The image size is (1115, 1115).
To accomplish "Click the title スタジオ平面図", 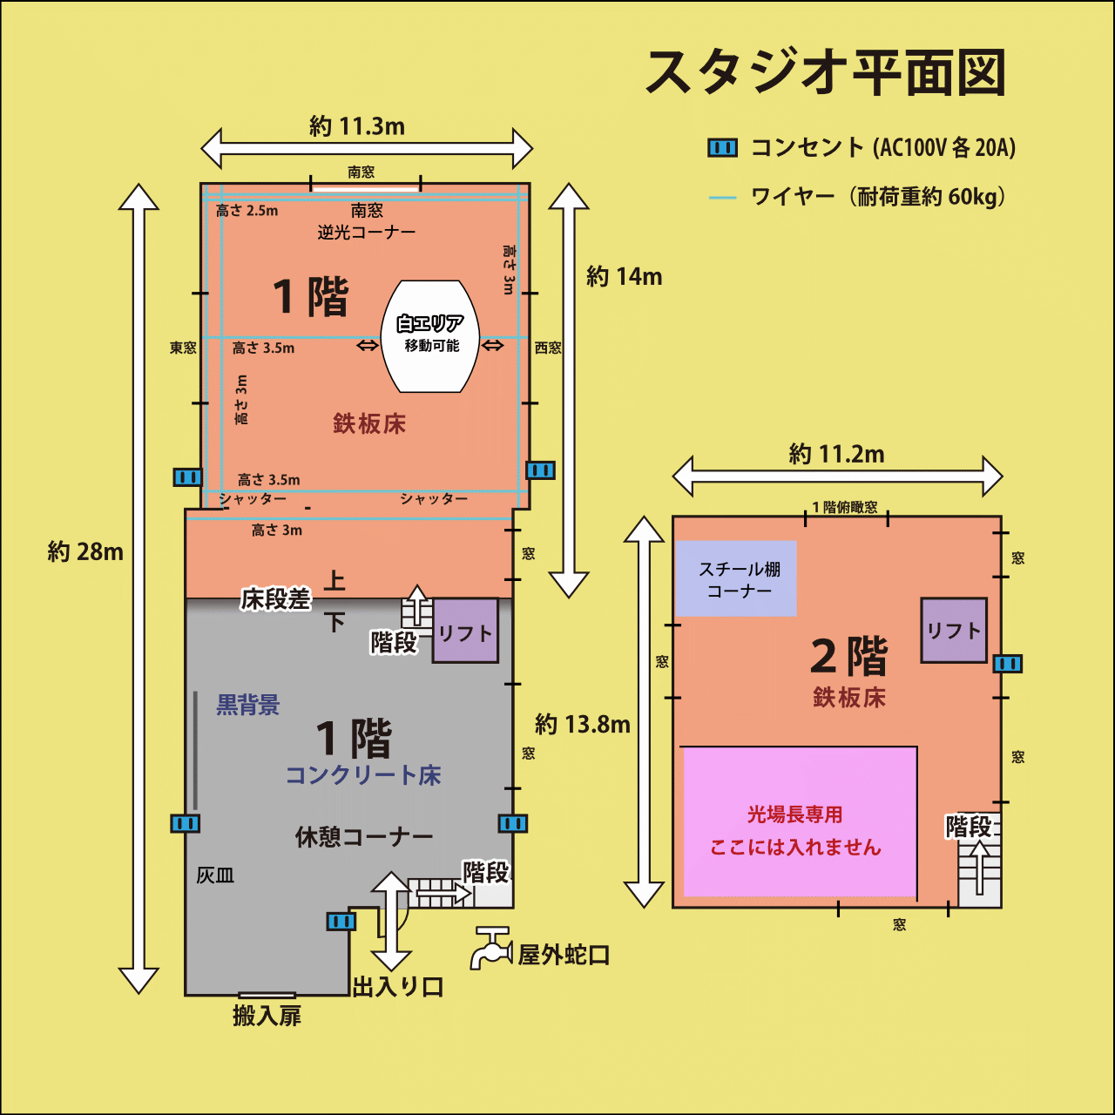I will tap(826, 73).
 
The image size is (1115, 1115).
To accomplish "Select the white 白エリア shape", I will tap(430, 336).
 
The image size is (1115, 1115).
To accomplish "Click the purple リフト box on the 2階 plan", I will tap(954, 630).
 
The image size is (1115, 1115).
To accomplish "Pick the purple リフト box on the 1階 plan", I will tap(465, 630).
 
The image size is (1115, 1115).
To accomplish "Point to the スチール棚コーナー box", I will tap(736, 579).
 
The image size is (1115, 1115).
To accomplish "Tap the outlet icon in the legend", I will tap(722, 147).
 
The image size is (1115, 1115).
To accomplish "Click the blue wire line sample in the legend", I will tap(722, 198).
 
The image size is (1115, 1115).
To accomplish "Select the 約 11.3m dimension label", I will tap(357, 126).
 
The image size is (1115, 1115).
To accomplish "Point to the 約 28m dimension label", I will tap(85, 551).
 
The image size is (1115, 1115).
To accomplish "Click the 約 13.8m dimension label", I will tap(583, 724).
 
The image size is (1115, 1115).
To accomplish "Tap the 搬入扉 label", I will tap(267, 1016).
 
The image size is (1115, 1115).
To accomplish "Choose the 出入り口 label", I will tap(398, 987).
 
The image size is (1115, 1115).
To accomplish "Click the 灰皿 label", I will tap(215, 875).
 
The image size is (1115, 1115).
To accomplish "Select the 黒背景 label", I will tap(248, 705).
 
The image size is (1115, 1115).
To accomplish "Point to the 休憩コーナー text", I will tap(364, 837).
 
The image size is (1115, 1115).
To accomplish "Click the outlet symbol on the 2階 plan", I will tap(1008, 664).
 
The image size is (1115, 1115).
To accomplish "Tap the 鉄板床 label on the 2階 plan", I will tap(849, 698).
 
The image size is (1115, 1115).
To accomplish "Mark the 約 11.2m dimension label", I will tap(836, 454).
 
